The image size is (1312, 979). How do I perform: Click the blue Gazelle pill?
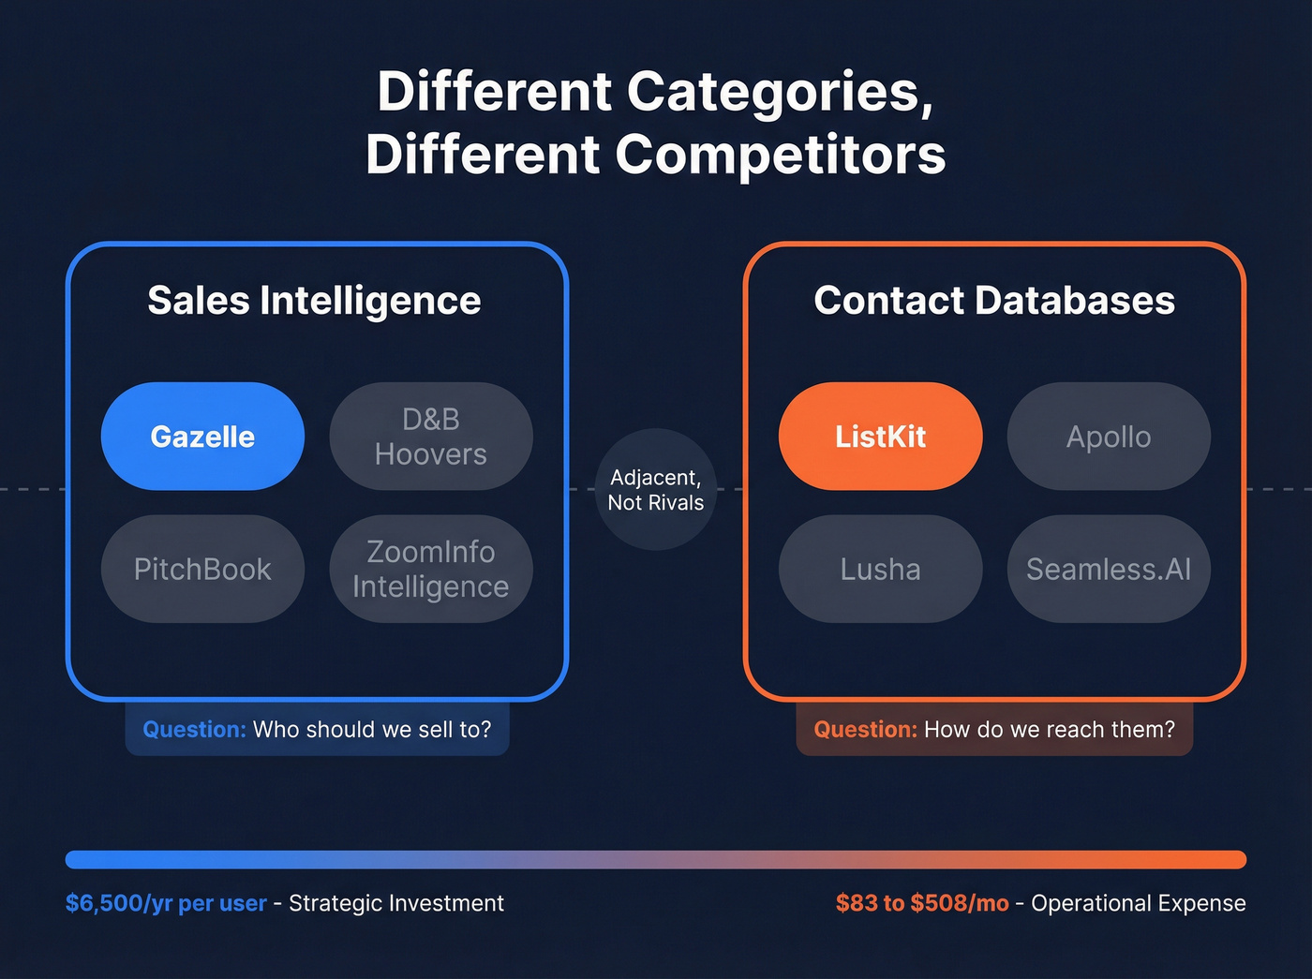pos(202,437)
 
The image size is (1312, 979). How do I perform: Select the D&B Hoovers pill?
pos(431,437)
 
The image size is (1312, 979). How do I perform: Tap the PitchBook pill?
pos(202,569)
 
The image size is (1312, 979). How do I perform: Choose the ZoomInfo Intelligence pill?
pos(431,569)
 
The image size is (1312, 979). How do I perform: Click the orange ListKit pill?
pos(880,437)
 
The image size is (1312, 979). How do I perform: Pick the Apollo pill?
pos(1109,437)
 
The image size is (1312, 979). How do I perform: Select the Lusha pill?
pos(880,569)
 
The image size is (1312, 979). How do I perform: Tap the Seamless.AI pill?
pos(1109,569)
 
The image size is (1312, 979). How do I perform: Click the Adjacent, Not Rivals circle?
pos(656,489)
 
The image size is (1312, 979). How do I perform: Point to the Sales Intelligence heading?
pos(314,301)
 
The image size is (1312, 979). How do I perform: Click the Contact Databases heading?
pos(994,301)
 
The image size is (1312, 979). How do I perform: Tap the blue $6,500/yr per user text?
pos(166,903)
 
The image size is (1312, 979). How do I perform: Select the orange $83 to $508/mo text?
pos(922,903)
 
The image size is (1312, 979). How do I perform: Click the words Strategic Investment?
pos(396,903)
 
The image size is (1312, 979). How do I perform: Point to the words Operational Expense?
pos(1139,903)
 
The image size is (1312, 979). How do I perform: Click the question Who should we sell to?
pos(371,730)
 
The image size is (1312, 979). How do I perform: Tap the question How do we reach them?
pos(1049,730)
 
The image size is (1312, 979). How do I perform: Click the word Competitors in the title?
pos(780,155)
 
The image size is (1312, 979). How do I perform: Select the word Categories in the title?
pos(780,92)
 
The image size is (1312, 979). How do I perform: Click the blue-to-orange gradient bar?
pos(656,859)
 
